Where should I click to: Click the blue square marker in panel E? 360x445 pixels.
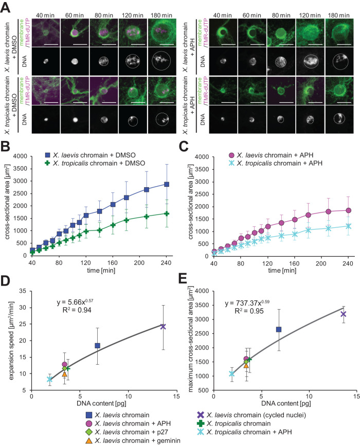(x=279, y=329)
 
